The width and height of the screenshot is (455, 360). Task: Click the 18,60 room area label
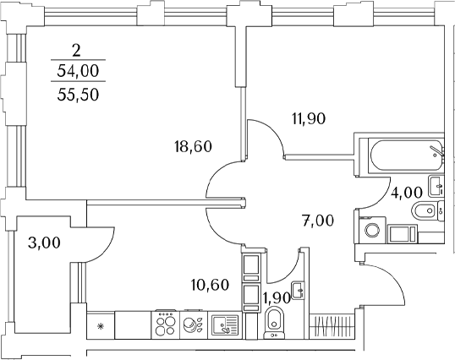[x=194, y=146]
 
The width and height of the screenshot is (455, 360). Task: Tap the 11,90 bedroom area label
[x=309, y=118]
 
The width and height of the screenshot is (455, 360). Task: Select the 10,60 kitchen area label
[x=211, y=285]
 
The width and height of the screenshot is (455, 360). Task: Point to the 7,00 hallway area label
[x=318, y=221]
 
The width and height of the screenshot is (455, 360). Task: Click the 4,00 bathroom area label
[x=406, y=193]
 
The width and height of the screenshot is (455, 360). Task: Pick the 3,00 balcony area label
[x=44, y=243]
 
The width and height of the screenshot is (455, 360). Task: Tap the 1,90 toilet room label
[x=277, y=298]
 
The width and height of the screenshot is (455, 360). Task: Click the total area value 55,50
[x=78, y=95]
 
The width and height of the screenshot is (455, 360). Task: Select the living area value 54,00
[x=78, y=71]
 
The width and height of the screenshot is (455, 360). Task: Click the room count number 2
[x=76, y=52]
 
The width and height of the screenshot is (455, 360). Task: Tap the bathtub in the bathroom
[x=405, y=156]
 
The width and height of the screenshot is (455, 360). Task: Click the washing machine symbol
[x=372, y=231]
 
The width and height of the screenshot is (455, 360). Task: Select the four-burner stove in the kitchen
[x=166, y=324]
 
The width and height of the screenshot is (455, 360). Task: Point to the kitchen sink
[x=225, y=324]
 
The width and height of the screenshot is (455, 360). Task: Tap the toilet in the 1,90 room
[x=274, y=323]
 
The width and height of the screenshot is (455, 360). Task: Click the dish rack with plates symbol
[x=194, y=324]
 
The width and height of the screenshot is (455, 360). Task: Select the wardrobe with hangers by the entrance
[x=332, y=326]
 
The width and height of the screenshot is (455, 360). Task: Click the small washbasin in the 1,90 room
[x=298, y=291]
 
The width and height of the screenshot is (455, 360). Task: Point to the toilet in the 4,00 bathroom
[x=426, y=210]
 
